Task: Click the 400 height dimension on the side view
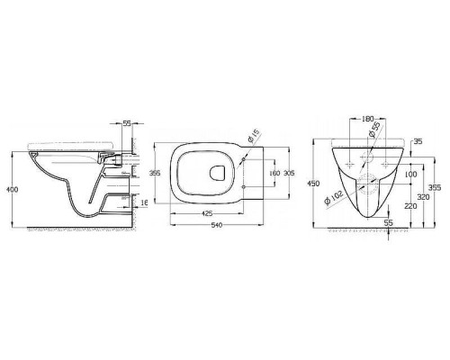13,190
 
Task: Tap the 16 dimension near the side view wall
144,202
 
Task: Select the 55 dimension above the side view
127,123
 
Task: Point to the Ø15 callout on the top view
254,135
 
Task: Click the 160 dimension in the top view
274,173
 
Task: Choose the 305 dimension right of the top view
289,173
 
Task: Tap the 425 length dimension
207,213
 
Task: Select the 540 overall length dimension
217,225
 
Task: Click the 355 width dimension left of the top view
155,173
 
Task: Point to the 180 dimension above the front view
367,119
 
